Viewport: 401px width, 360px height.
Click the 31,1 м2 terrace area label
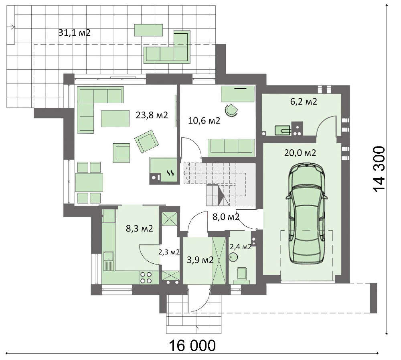click(75, 33)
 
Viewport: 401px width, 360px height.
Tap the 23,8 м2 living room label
click(152, 115)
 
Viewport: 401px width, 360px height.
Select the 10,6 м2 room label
click(204, 120)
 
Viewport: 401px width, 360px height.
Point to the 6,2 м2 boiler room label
click(304, 102)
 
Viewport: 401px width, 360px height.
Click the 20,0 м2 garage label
click(300, 153)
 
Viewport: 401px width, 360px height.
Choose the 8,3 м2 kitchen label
click(140, 228)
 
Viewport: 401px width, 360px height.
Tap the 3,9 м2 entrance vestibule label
click(200, 260)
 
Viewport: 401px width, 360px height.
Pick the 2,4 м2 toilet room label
click(240, 247)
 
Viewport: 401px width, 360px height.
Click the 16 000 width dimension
click(192, 346)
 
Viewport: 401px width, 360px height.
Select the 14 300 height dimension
click(379, 169)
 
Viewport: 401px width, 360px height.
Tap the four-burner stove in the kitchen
click(146, 278)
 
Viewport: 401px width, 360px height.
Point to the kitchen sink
click(109, 260)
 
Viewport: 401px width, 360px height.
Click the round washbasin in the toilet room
click(233, 256)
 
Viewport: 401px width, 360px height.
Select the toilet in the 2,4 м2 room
click(242, 275)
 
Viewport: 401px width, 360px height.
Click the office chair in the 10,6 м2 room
click(231, 110)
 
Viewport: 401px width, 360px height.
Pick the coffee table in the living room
click(115, 118)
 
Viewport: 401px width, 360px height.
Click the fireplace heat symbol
click(170, 173)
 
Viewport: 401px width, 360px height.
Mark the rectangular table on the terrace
click(149, 30)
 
